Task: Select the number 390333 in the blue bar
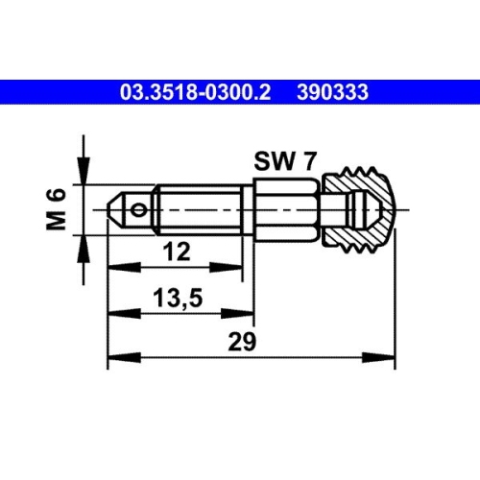point(333,92)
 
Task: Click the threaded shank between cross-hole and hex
point(197,206)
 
